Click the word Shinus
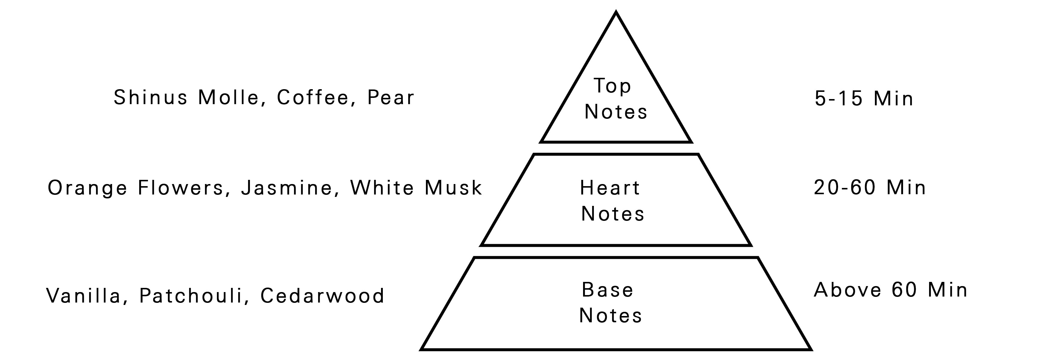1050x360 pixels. [x=151, y=98]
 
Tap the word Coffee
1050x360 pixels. [x=313, y=98]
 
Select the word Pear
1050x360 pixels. [x=391, y=98]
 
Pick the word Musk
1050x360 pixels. [x=453, y=188]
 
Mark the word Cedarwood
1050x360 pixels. [x=322, y=296]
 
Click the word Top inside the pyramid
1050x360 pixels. [x=612, y=86]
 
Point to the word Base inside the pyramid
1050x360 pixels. [x=608, y=290]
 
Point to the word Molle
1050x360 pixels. [x=229, y=98]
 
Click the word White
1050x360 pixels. [x=382, y=188]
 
